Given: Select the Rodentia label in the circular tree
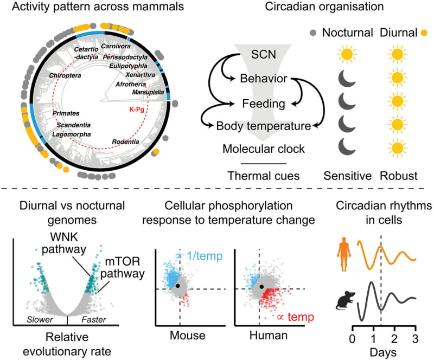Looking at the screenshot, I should [125, 142].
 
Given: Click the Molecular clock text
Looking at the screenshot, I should [263, 149].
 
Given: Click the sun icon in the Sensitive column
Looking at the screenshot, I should [346, 56].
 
